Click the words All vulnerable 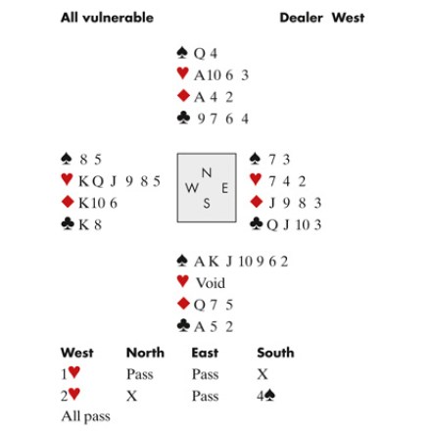[x=107, y=18]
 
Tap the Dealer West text [x=322, y=18]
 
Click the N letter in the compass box [x=207, y=172]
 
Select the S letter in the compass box [x=207, y=204]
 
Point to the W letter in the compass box [x=192, y=188]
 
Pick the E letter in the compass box [x=224, y=188]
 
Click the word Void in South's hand [x=211, y=283]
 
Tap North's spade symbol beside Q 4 [x=182, y=53]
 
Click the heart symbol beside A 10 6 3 [x=182, y=73]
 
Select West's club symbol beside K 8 [x=68, y=223]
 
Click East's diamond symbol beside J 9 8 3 [x=256, y=202]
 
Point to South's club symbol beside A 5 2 [x=183, y=325]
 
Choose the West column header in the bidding [x=77, y=353]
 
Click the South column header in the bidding [x=275, y=353]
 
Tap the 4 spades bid [x=265, y=396]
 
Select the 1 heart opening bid [x=71, y=373]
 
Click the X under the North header [x=131, y=396]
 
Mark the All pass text [x=86, y=416]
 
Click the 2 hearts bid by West [x=71, y=395]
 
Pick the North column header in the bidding [x=145, y=353]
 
